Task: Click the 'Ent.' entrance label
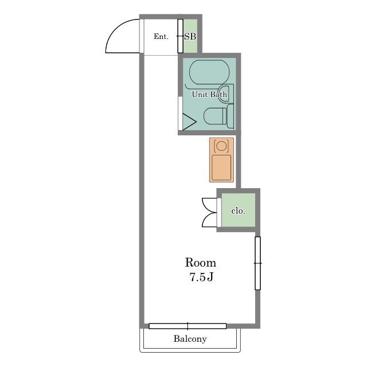tap(161, 37)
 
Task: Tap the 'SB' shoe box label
tap(190, 37)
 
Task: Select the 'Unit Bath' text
tap(209, 94)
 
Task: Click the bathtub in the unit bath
tap(210, 72)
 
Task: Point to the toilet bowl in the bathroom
tap(215, 116)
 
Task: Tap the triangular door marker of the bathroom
tap(189, 122)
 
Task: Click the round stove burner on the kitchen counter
tap(221, 146)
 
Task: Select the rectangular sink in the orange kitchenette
tap(221, 167)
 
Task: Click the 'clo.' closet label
tap(238, 211)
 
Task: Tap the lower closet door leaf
tap(210, 220)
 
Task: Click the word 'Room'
tap(201, 263)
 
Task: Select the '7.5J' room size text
tap(201, 277)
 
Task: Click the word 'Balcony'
tap(190, 339)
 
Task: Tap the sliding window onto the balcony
tap(188, 326)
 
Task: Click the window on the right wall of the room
tap(257, 263)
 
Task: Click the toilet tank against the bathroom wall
tap(231, 116)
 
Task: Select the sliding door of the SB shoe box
tap(180, 36)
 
